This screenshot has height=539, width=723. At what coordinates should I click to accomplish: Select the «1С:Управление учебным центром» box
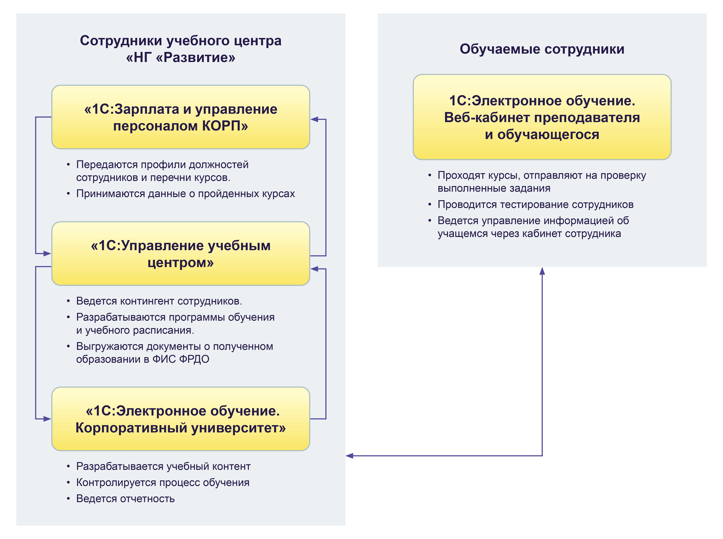point(180,253)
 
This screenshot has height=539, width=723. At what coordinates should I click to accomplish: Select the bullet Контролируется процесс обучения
point(163,482)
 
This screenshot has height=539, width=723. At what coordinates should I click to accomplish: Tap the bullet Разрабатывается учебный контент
point(163,466)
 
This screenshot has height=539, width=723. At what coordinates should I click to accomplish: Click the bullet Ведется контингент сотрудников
point(159,301)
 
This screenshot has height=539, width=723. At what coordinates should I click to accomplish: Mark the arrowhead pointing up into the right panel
point(542,271)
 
